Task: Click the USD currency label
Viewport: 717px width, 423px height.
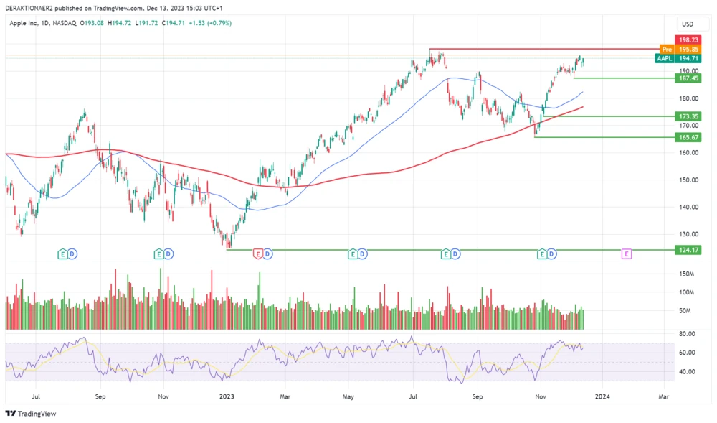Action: point(687,24)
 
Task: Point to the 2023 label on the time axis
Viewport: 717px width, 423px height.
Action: point(227,395)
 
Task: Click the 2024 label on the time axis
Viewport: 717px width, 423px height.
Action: point(602,395)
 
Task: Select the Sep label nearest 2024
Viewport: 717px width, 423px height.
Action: point(478,395)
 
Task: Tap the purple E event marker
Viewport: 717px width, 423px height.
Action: point(627,254)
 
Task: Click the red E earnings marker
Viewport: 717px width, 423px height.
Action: point(257,254)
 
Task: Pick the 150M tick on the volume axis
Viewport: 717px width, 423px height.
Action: point(687,274)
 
